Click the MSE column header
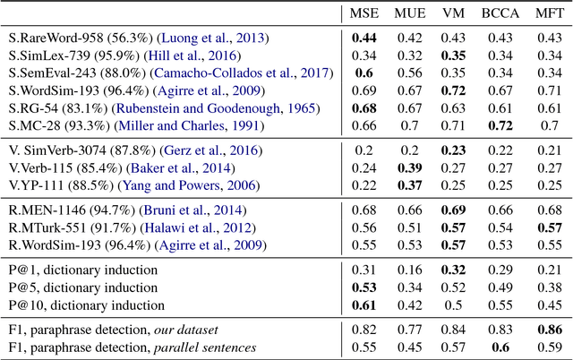pyautogui.click(x=363, y=15)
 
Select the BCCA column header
pyautogui.click(x=499, y=15)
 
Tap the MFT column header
pyautogui.click(x=548, y=15)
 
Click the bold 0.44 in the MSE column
pyautogui.click(x=363, y=39)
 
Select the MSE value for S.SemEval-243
pyautogui.click(x=363, y=73)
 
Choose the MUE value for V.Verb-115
pyautogui.click(x=409, y=167)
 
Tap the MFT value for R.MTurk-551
pyautogui.click(x=548, y=227)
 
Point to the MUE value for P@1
pyautogui.click(x=409, y=270)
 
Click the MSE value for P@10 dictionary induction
pyautogui.click(x=363, y=304)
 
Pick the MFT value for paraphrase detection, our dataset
pyautogui.click(x=548, y=329)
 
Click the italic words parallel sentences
pyautogui.click(x=207, y=347)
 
